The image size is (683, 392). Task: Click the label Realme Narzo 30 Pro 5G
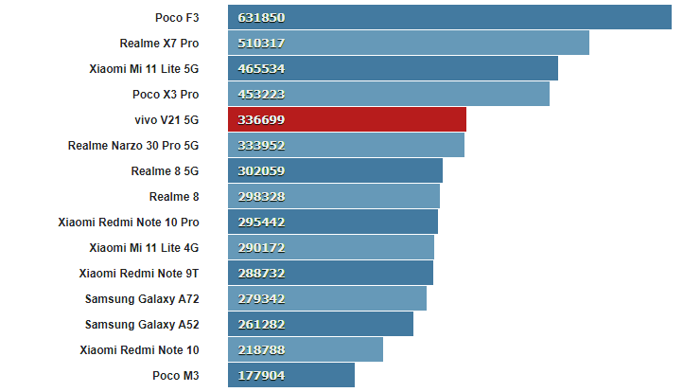click(133, 145)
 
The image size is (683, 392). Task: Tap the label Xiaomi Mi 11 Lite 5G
click(144, 68)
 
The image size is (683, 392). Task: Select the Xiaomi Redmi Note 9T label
click(139, 273)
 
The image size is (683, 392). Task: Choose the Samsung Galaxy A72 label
click(142, 298)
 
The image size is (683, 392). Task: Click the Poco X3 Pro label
click(166, 94)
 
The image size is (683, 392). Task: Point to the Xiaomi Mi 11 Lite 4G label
click(144, 247)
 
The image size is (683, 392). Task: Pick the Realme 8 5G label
click(165, 170)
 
